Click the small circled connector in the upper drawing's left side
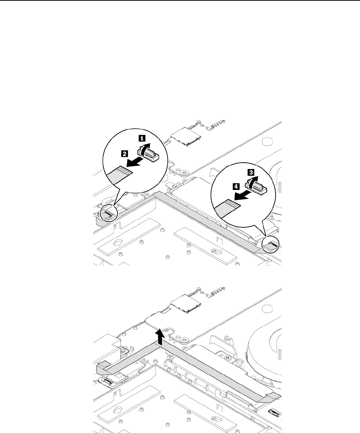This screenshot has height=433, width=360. [108, 214]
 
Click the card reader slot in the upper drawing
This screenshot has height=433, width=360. [186, 139]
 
